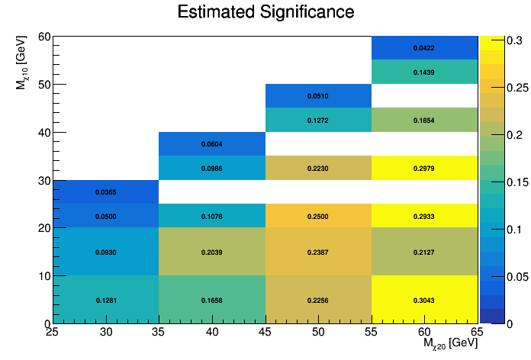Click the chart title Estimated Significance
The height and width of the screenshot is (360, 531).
[x=265, y=12]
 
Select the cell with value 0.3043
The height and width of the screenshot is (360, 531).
[x=424, y=300]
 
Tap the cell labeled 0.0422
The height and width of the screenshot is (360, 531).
[x=424, y=48]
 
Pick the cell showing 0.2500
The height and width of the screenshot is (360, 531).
[x=318, y=216]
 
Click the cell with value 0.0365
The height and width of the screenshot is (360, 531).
[x=106, y=192]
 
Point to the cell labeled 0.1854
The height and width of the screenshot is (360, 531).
[x=424, y=121]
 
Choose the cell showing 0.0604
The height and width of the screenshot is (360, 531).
[x=212, y=144]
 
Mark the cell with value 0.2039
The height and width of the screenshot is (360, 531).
[x=212, y=252]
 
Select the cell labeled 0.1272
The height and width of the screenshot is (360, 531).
[x=318, y=121]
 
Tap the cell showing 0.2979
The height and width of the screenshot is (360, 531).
[x=424, y=168]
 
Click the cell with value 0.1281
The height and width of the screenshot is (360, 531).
[x=106, y=300]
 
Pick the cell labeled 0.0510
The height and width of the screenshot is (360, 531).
[x=318, y=96]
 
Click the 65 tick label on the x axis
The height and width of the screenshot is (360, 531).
[x=478, y=332]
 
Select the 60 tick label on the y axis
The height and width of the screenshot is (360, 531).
[x=43, y=37]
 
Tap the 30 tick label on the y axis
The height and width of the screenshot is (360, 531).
[x=43, y=180]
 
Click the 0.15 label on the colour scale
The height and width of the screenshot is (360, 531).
[x=497, y=181]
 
